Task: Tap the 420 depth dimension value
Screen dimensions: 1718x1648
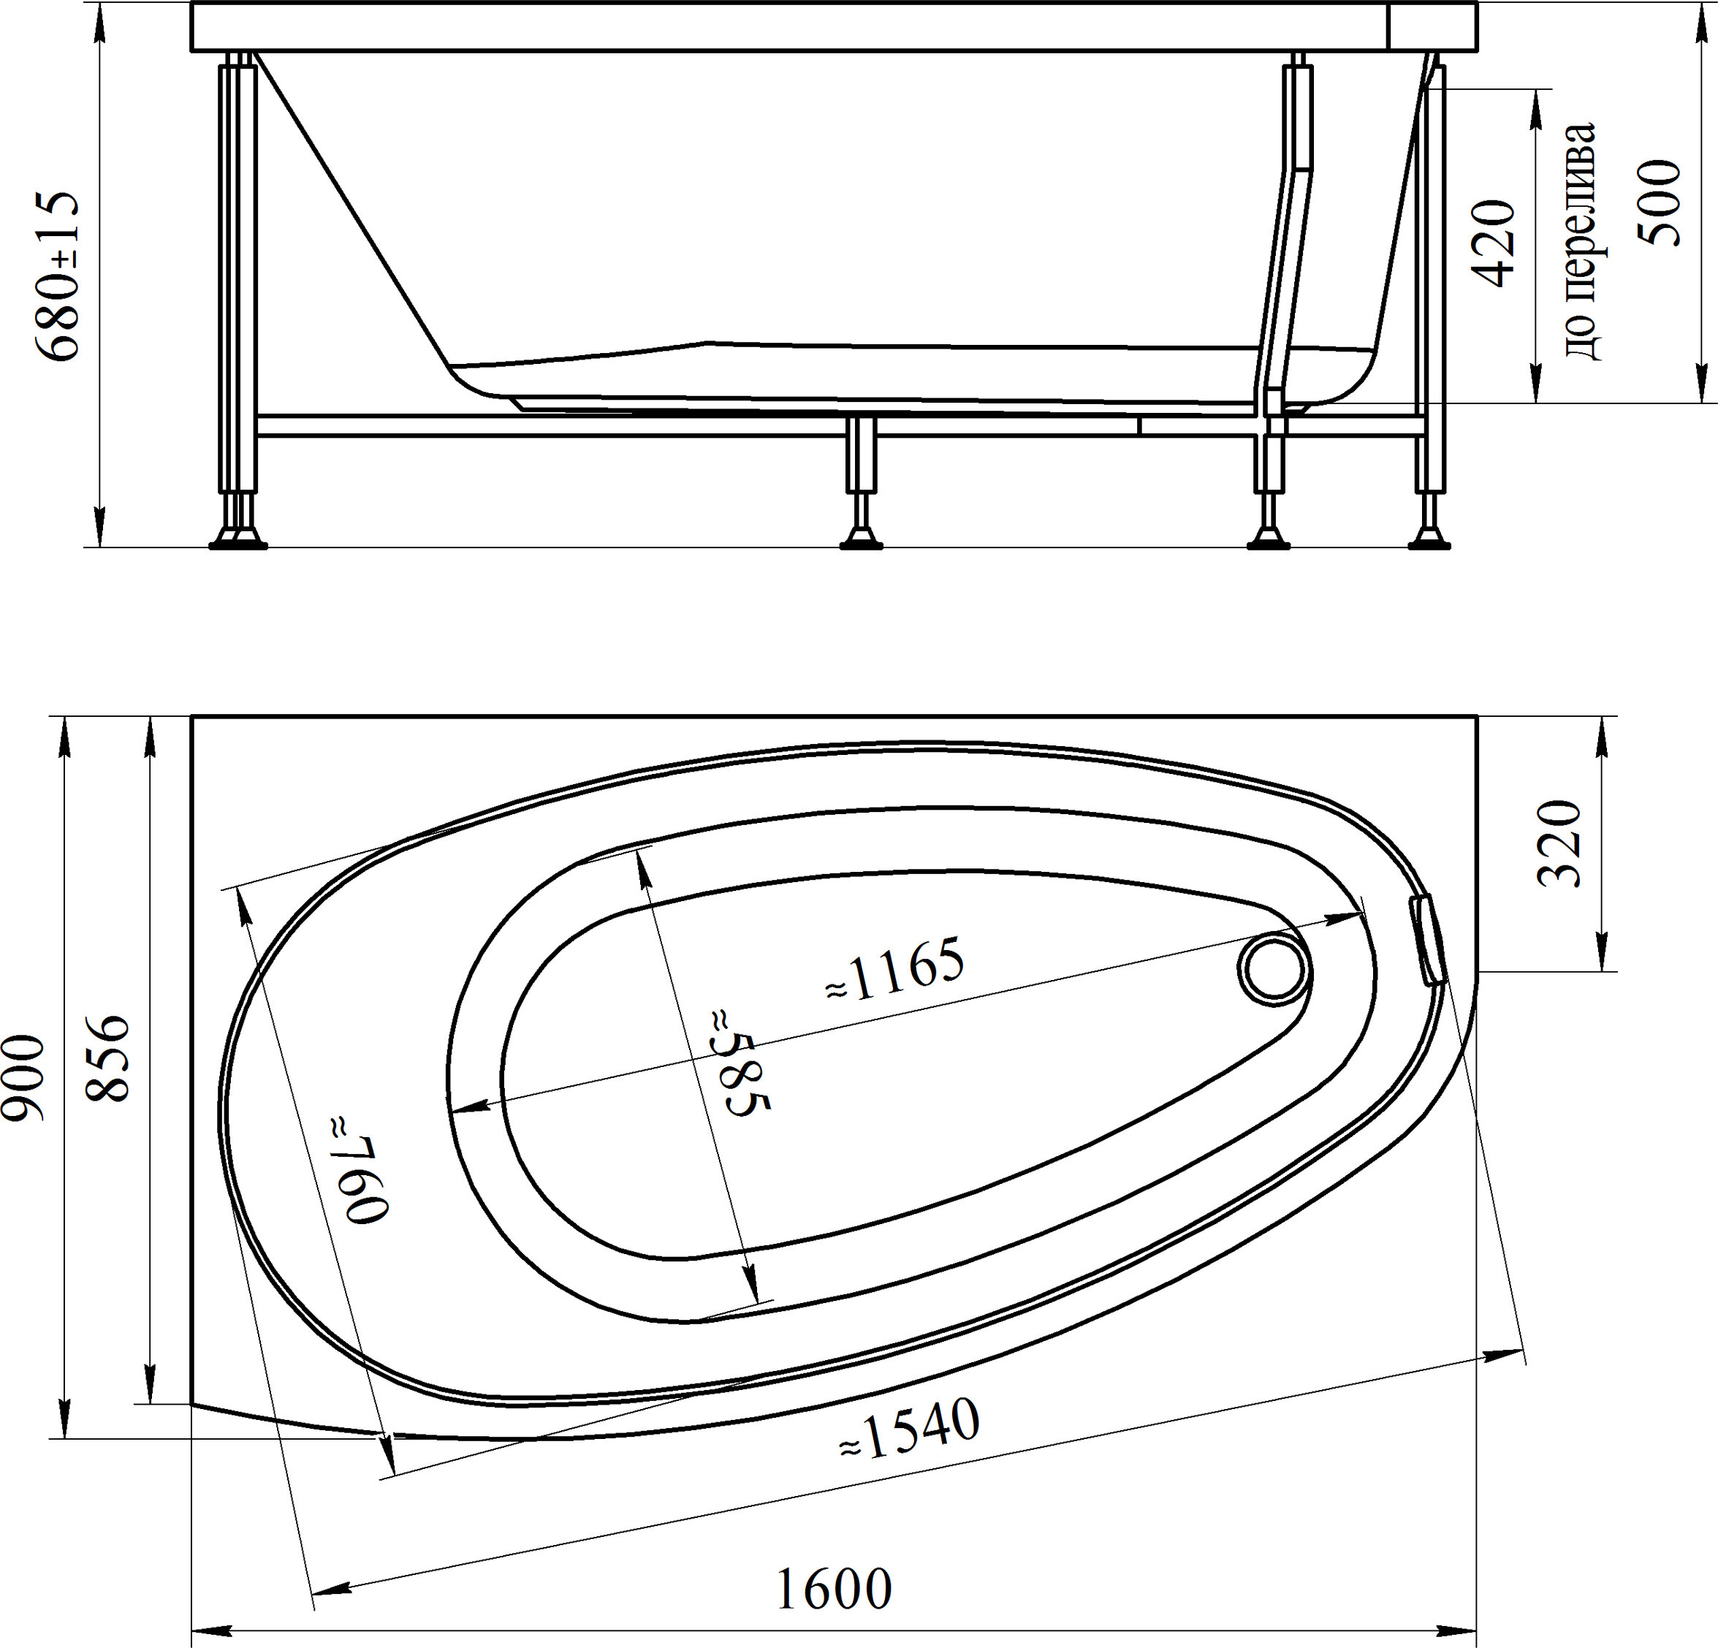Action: tap(1493, 243)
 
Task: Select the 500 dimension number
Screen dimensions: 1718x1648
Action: tap(1660, 202)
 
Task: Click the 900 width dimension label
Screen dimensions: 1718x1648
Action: tap(23, 1077)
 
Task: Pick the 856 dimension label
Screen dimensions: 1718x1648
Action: tap(110, 1058)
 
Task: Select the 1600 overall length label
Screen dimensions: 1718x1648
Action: tap(835, 1588)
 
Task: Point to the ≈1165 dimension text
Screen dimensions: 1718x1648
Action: tap(895, 971)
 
